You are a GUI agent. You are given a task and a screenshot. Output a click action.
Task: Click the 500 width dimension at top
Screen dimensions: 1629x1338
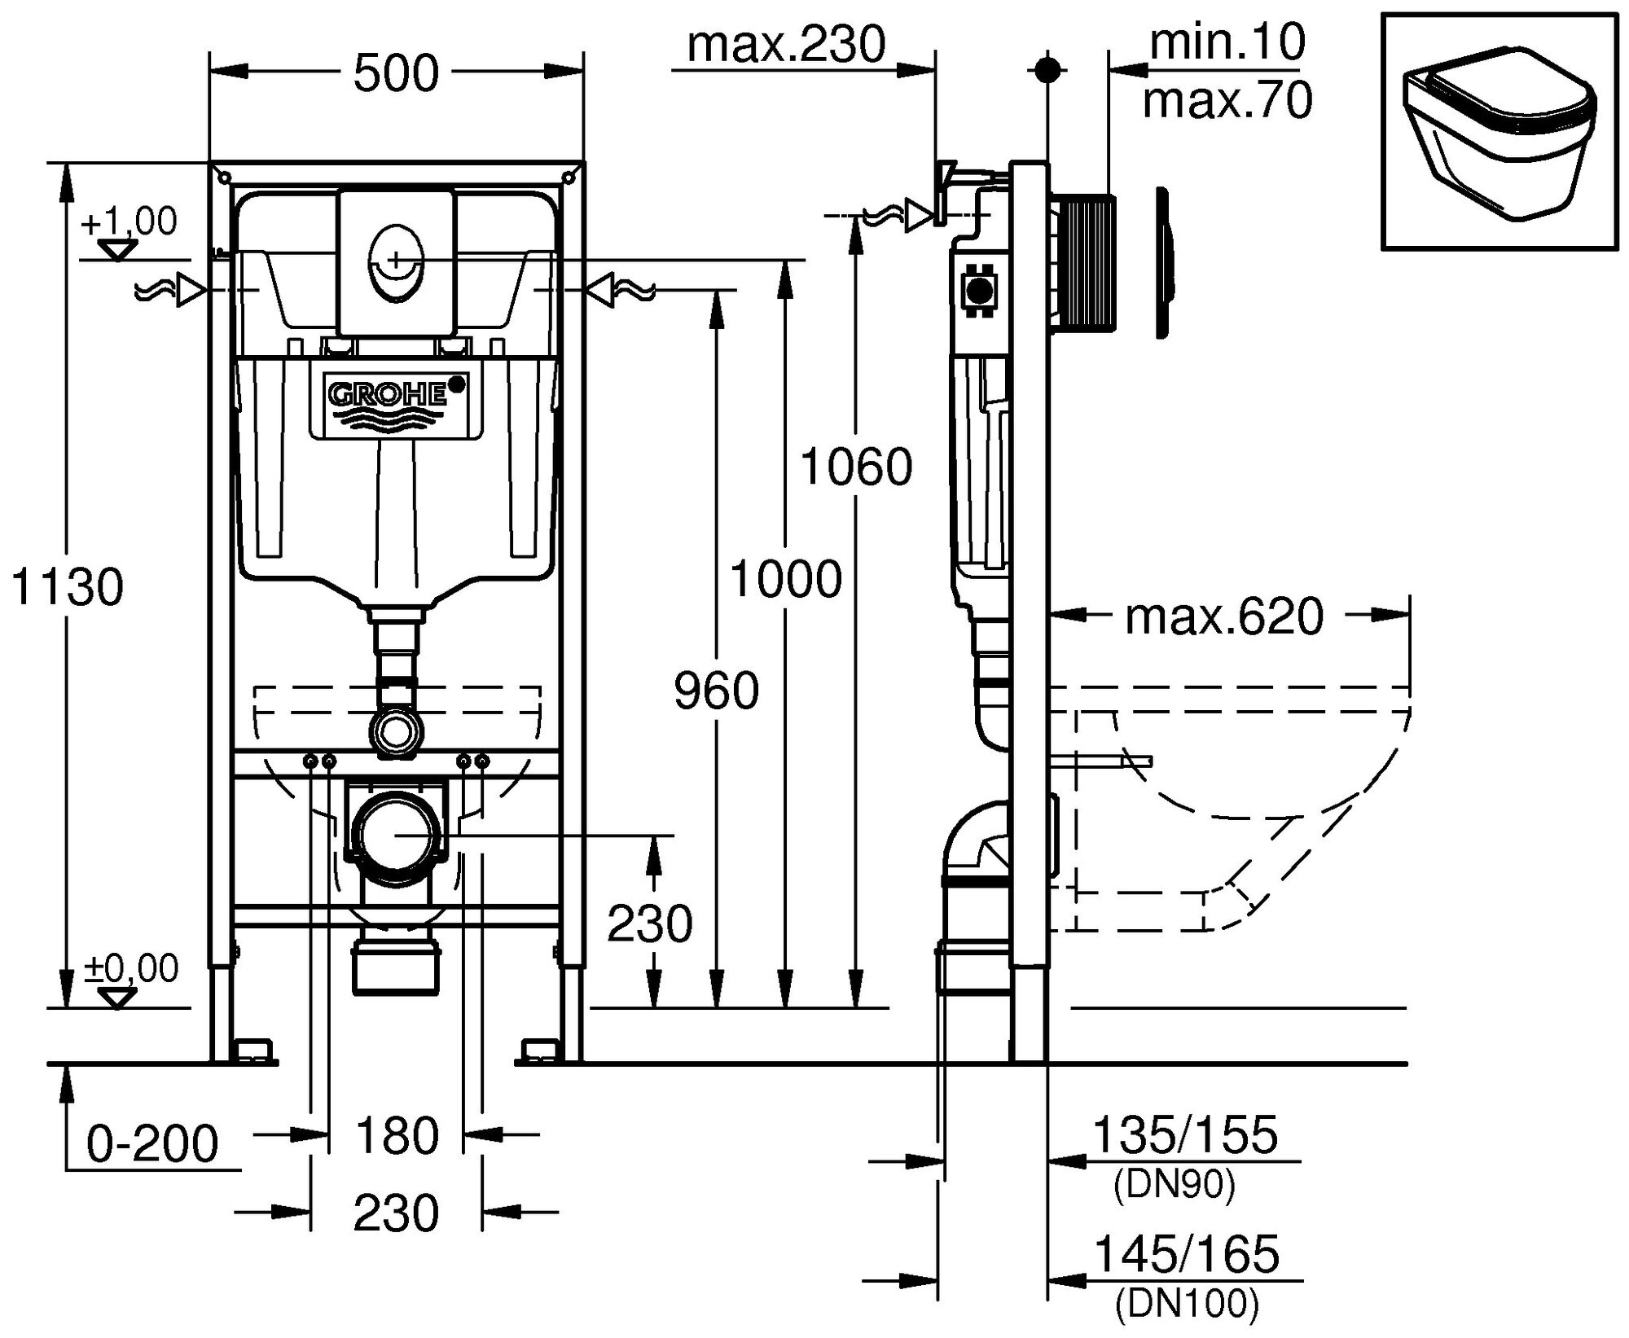tap(396, 73)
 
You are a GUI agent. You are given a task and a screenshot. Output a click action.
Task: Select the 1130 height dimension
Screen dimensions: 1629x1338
tap(67, 586)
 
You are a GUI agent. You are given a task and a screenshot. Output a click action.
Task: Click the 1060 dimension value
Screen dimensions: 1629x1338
tap(856, 467)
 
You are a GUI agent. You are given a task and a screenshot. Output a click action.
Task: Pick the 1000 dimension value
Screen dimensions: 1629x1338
tap(785, 580)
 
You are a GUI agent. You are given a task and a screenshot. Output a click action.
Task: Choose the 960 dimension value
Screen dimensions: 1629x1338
tap(716, 690)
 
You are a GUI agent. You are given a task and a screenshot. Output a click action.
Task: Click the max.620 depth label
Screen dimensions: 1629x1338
tap(1224, 616)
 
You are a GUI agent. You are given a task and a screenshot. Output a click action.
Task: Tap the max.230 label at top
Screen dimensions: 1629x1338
tap(786, 44)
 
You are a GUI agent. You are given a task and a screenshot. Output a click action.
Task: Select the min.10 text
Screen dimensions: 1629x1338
tap(1227, 42)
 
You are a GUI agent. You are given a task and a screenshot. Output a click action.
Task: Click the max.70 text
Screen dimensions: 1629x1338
tap(1227, 101)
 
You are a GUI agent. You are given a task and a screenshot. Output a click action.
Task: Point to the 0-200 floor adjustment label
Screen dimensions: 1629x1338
tap(152, 1143)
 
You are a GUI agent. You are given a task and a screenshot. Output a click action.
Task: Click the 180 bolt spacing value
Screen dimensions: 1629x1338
tap(397, 1135)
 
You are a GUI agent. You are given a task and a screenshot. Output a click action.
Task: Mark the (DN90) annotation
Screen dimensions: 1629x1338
tap(1175, 1185)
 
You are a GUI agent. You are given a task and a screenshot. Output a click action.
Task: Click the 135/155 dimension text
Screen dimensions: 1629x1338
tap(1184, 1134)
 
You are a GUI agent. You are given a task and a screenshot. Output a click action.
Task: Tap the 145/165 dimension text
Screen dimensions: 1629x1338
tap(1186, 1253)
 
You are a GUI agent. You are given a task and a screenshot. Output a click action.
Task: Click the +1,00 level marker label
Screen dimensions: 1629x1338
tap(129, 222)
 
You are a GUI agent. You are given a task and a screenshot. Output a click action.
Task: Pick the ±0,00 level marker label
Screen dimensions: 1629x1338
tap(131, 968)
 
